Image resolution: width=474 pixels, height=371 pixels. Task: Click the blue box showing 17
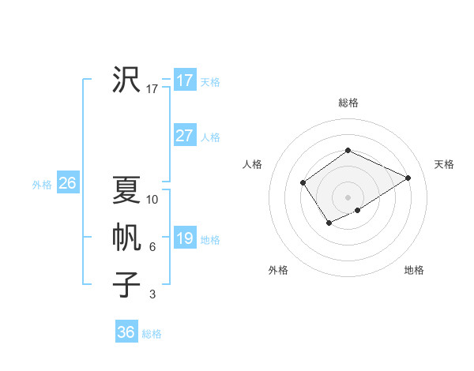185,81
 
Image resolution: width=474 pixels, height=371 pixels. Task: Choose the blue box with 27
185,136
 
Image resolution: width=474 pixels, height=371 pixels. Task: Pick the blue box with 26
67,183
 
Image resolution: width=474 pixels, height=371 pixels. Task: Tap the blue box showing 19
185,238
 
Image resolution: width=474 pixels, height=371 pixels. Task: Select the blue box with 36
126,332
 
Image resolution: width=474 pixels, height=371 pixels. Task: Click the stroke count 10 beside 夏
152,200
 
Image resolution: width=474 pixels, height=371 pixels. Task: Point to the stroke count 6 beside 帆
152,247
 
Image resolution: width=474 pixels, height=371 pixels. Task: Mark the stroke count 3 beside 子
152,294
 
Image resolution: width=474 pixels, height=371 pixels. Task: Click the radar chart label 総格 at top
348,103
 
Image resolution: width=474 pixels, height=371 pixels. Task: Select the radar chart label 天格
444,164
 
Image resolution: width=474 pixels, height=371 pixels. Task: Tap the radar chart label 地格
414,270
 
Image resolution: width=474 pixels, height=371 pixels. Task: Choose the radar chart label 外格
278,270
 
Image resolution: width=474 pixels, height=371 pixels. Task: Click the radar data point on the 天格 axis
408,178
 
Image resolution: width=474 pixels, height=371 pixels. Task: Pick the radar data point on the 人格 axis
303,183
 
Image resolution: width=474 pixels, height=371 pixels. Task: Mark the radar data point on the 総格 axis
348,151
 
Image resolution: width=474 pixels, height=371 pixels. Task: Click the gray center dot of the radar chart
348,197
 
